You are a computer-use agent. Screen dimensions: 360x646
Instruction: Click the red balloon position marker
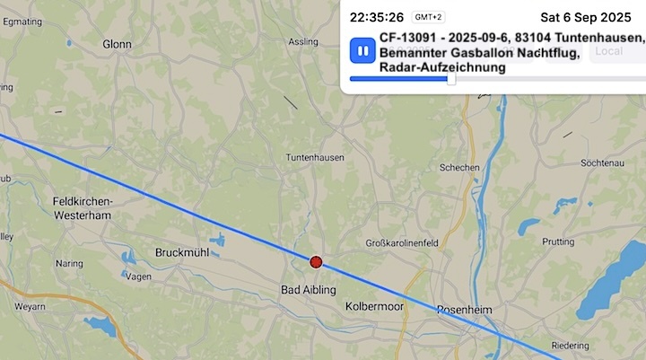316,262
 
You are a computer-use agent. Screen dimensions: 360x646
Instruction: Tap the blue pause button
362,50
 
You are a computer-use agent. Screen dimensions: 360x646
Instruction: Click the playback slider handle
451,79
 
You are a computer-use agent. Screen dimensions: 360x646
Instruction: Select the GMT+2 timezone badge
429,17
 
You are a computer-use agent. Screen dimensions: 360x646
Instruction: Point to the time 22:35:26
377,17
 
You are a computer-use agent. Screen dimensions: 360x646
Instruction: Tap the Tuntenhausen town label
315,157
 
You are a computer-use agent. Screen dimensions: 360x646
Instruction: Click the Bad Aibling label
308,290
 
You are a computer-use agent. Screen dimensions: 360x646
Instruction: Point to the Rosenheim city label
465,310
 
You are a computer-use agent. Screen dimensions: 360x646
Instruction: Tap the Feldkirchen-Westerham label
82,209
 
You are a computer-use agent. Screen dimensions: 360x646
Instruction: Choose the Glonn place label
117,43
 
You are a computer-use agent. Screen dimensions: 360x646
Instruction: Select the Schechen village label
458,168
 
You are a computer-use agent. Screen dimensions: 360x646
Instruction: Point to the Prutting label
558,242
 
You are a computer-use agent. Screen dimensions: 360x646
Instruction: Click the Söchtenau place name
602,163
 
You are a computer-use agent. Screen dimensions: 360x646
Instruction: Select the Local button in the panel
609,51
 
